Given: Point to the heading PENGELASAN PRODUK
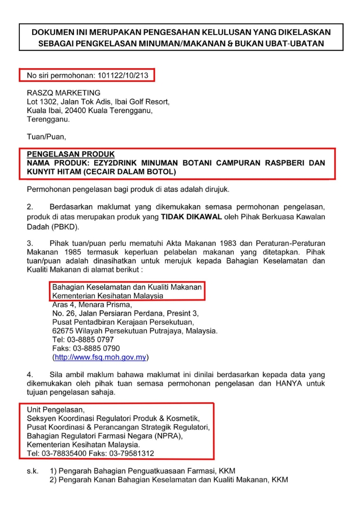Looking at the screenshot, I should coord(71,154).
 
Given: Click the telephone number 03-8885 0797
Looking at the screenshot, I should coord(93,340).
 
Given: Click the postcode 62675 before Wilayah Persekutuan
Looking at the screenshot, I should coord(63,331).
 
